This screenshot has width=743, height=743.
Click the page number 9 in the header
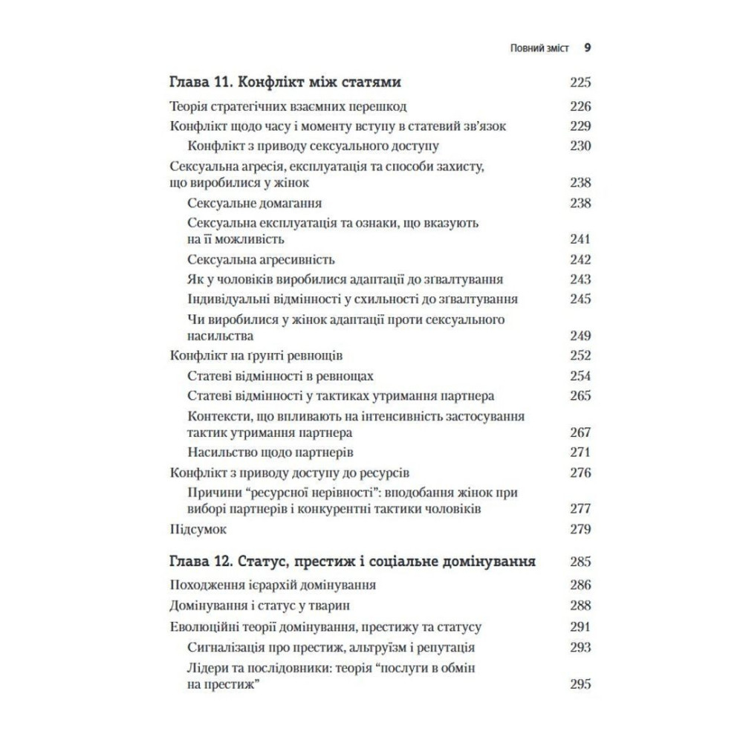587,48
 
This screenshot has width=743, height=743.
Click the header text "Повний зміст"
540,48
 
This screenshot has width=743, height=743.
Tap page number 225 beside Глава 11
580,82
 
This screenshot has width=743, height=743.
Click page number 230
580,146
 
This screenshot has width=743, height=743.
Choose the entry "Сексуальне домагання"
255,203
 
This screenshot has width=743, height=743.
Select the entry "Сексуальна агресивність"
262,259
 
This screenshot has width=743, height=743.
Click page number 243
580,279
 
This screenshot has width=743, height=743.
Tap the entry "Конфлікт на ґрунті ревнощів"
256,355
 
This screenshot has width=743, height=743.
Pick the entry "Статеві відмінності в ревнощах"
281,375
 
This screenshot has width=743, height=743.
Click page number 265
580,395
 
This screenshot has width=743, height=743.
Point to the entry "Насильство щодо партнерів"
270,452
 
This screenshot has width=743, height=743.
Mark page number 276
580,473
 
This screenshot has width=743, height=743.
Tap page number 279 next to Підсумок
580,530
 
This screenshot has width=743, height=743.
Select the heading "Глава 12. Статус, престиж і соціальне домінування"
353,560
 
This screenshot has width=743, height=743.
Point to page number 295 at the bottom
580,684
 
